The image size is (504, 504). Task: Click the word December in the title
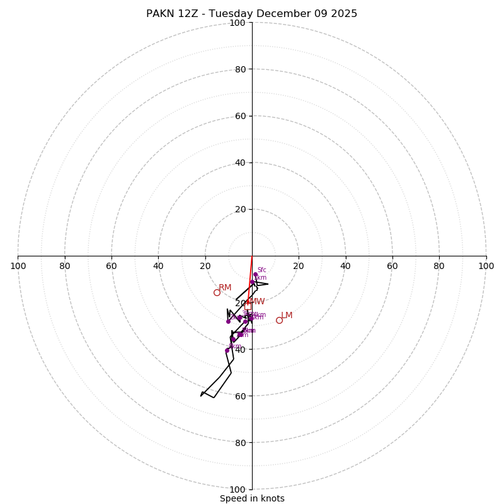tap(288, 14)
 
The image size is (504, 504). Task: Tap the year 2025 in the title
tap(344, 14)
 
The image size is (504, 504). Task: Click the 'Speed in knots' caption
tap(252, 498)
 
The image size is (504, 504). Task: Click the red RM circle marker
tap(217, 292)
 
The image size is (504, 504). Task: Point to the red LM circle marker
tap(279, 320)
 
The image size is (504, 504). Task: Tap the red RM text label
tap(225, 287)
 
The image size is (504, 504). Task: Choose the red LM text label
tap(287, 315)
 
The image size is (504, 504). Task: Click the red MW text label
tap(257, 302)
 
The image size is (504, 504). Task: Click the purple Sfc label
tap(261, 270)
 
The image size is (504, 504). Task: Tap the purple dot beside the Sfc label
tap(255, 274)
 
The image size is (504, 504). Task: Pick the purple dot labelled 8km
tap(227, 350)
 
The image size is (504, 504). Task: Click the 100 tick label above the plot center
tap(238, 23)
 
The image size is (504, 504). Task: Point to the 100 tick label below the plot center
tap(238, 490)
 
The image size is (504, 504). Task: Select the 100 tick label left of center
tap(18, 266)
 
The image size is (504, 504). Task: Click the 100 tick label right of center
tap(486, 266)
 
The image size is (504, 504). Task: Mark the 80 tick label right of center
tap(439, 266)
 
